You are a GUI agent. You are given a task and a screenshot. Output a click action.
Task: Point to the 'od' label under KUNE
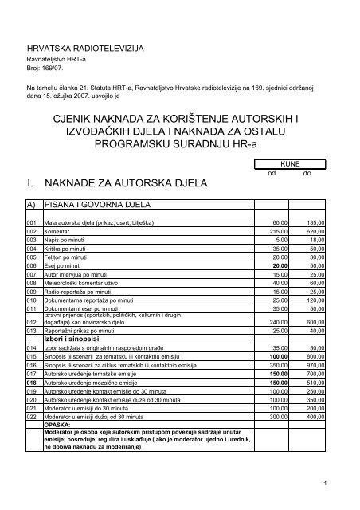tap(272, 174)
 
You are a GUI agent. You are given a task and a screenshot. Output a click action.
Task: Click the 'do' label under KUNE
tap(307, 174)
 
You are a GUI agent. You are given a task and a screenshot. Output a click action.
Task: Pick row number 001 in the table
tap(32, 222)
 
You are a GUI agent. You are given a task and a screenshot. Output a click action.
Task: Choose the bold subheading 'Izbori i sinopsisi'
tap(75, 338)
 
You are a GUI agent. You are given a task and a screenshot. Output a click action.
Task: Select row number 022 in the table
tap(32, 416)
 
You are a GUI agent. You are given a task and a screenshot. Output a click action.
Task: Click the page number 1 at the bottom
tap(327, 484)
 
